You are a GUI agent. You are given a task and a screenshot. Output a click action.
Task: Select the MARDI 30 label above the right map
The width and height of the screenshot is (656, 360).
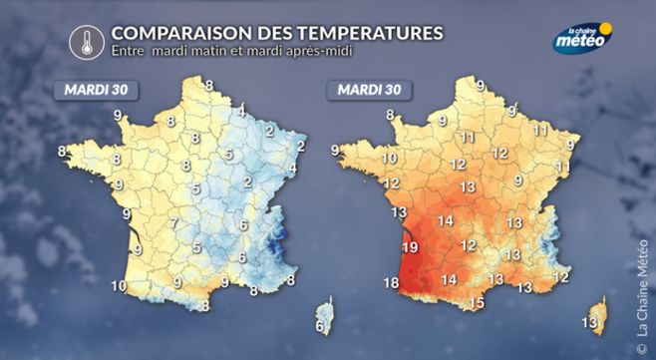369,90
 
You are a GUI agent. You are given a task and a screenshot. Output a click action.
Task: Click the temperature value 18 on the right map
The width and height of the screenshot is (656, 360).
392,284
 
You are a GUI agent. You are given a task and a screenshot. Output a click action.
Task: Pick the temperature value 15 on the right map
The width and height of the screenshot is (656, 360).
476,303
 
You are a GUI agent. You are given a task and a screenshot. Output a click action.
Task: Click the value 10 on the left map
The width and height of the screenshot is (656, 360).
118,286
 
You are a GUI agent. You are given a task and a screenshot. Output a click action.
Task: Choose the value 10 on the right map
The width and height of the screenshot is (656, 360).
389,159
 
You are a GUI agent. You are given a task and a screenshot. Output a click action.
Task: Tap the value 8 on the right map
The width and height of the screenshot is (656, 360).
390,116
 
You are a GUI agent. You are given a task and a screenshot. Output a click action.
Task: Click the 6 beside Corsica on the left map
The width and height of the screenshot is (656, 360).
320,326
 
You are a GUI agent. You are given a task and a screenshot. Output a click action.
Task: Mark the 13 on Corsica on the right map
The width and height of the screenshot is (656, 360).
589,322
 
